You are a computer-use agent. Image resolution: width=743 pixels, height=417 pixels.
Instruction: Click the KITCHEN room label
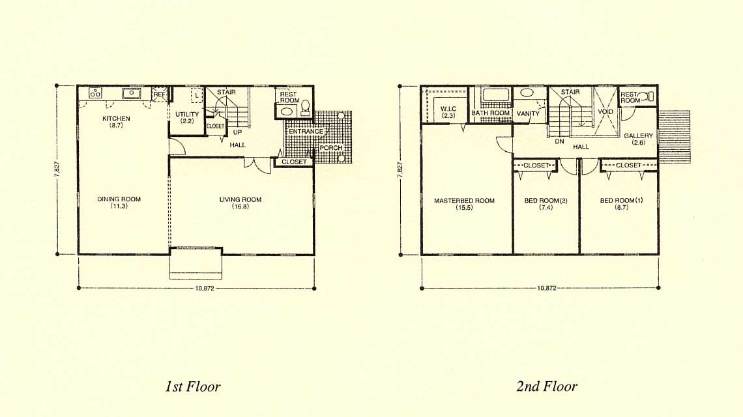pos(116,119)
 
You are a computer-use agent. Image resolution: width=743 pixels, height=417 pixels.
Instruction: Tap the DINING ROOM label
pos(119,199)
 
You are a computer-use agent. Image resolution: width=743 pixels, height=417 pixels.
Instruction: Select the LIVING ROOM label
pos(240,199)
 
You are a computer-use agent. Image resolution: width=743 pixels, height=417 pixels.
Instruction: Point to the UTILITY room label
pos(187,114)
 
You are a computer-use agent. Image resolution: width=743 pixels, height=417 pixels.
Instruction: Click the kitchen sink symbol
pos(131,93)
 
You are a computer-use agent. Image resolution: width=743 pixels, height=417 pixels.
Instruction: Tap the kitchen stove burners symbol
pos(95,93)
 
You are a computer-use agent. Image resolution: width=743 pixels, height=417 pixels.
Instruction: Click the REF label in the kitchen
pos(160,94)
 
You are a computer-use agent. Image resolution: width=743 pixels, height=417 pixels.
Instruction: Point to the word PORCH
pos(330,148)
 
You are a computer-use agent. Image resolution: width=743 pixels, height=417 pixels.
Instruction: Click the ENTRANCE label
pos(306,131)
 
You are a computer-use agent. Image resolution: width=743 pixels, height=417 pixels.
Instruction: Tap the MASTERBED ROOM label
pos(464,201)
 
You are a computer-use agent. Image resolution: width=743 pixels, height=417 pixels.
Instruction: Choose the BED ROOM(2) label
pos(546,201)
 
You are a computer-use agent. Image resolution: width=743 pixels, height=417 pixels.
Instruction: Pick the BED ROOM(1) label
pos(621,201)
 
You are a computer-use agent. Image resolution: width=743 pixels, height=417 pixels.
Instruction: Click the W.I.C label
pos(448,109)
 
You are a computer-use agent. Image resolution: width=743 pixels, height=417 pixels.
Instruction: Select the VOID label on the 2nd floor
pos(605,112)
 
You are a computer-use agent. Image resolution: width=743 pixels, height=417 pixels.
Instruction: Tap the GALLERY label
pos(638,136)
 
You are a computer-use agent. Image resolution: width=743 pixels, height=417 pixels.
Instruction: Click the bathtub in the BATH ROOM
pos(495,94)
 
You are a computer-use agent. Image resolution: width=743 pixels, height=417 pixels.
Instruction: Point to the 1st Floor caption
pos(193,386)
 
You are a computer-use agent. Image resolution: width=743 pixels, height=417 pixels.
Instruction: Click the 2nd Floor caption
pos(547,386)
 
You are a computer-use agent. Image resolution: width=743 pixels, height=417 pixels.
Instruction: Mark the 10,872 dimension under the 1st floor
pos(205,288)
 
